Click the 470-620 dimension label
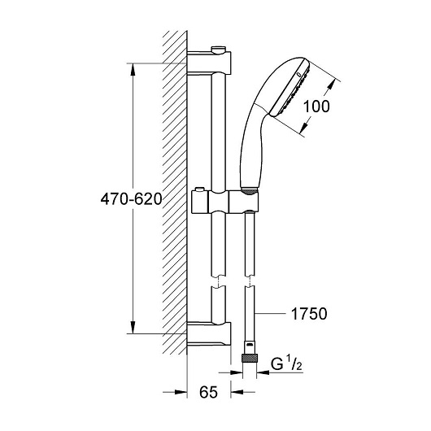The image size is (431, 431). [x=131, y=199]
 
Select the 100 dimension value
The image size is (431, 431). [x=316, y=107]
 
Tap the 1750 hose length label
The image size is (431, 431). [x=309, y=314]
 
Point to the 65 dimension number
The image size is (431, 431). [x=209, y=392]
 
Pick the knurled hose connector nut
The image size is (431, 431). [x=250, y=358]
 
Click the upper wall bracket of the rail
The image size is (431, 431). [x=209, y=63]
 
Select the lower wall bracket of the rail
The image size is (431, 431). [x=208, y=333]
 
